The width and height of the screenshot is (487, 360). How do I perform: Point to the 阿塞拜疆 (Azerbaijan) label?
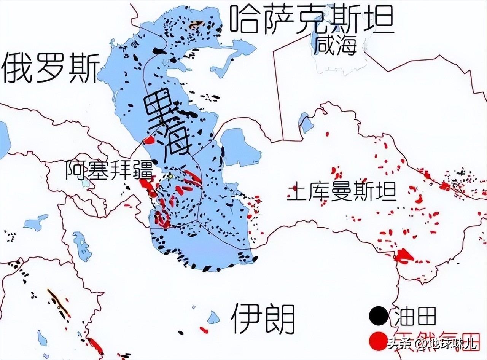coord(108,170)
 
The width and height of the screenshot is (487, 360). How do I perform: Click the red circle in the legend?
coord(378,341)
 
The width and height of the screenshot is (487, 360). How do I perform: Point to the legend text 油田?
coord(415,316)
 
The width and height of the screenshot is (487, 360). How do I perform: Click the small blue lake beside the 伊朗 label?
coord(213,317)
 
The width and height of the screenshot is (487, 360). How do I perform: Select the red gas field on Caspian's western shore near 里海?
coord(149,140)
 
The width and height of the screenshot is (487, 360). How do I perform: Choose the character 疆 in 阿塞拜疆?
coord(142,170)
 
